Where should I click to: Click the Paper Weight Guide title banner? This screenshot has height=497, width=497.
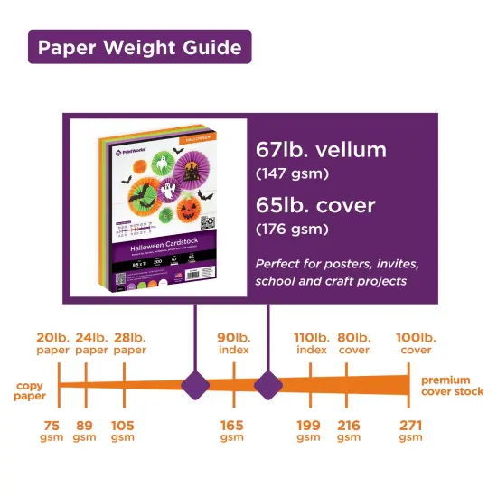click(x=139, y=47)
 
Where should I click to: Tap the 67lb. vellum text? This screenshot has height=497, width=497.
click(x=321, y=150)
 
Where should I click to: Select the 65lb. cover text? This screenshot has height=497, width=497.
click(x=315, y=205)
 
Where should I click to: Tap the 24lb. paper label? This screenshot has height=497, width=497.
click(x=91, y=343)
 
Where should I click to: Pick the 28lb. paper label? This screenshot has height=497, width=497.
click(x=129, y=343)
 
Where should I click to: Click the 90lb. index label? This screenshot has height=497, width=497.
click(x=234, y=343)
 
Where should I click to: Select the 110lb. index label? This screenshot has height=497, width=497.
click(x=311, y=343)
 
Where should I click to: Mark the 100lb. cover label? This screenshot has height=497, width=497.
click(x=414, y=343)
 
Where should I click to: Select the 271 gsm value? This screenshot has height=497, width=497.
click(x=410, y=431)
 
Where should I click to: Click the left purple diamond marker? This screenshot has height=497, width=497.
click(x=196, y=386)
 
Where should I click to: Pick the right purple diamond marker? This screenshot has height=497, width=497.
click(x=268, y=386)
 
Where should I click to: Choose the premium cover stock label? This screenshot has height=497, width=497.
click(x=452, y=386)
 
